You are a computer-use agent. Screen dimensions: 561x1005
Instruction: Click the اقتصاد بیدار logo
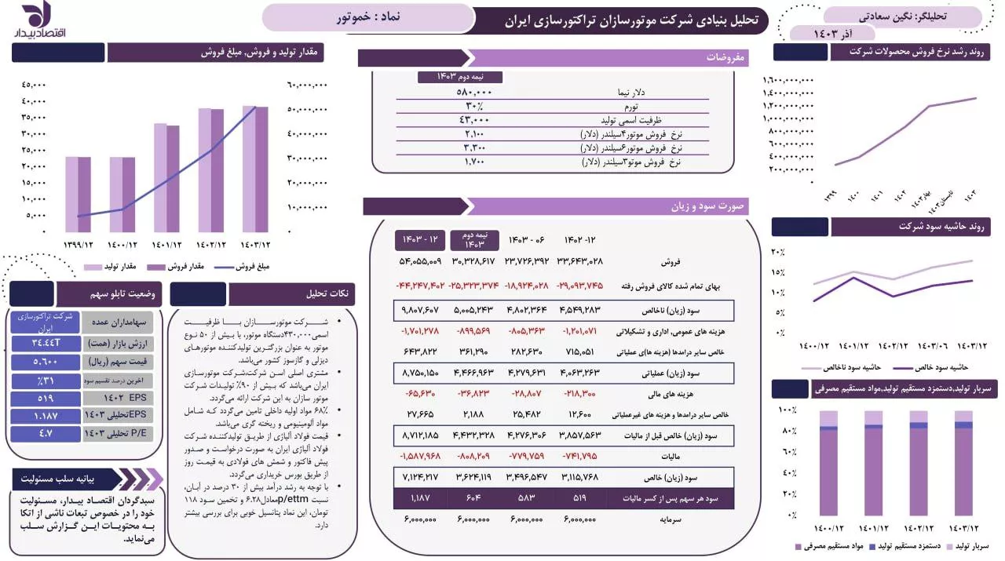(32, 20)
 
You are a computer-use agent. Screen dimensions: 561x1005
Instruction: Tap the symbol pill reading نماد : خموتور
(367, 17)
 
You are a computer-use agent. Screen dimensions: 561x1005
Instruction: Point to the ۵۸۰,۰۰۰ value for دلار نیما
(474, 92)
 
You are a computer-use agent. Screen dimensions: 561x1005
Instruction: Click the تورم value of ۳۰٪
(474, 106)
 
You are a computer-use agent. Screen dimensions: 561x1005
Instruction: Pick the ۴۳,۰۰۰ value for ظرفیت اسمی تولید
(474, 120)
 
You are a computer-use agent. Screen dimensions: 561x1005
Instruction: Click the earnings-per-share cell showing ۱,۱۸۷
(421, 497)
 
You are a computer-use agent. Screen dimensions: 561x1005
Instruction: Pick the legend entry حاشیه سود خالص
(938, 367)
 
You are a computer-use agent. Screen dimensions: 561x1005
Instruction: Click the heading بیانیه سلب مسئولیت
(68, 478)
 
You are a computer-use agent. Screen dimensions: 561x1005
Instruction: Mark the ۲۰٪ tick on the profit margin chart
(778, 252)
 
